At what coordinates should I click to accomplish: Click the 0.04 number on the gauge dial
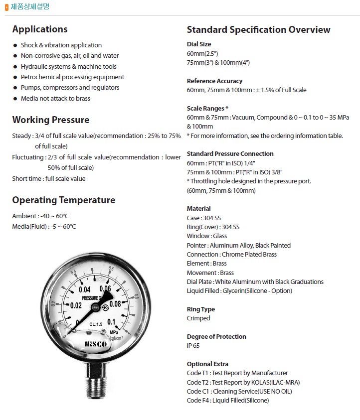[x=84, y=289]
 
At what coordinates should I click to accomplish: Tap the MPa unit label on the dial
[x=114, y=330]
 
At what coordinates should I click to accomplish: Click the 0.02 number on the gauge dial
[x=76, y=305]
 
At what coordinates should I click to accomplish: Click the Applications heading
[x=40, y=29]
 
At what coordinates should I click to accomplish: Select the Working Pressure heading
[x=51, y=120]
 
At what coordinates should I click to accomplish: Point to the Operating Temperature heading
[x=63, y=200]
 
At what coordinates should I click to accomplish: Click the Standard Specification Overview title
[x=258, y=29]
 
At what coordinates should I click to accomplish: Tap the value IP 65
[x=193, y=345]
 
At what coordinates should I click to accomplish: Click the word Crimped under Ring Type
[x=198, y=318]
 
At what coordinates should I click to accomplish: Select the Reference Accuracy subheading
[x=214, y=81]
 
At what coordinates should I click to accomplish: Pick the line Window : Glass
[x=206, y=236]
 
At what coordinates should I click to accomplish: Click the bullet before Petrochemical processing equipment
[x=15, y=77]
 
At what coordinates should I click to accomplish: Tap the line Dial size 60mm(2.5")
[x=202, y=53]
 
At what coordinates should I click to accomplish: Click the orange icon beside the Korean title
[x=6, y=7]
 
